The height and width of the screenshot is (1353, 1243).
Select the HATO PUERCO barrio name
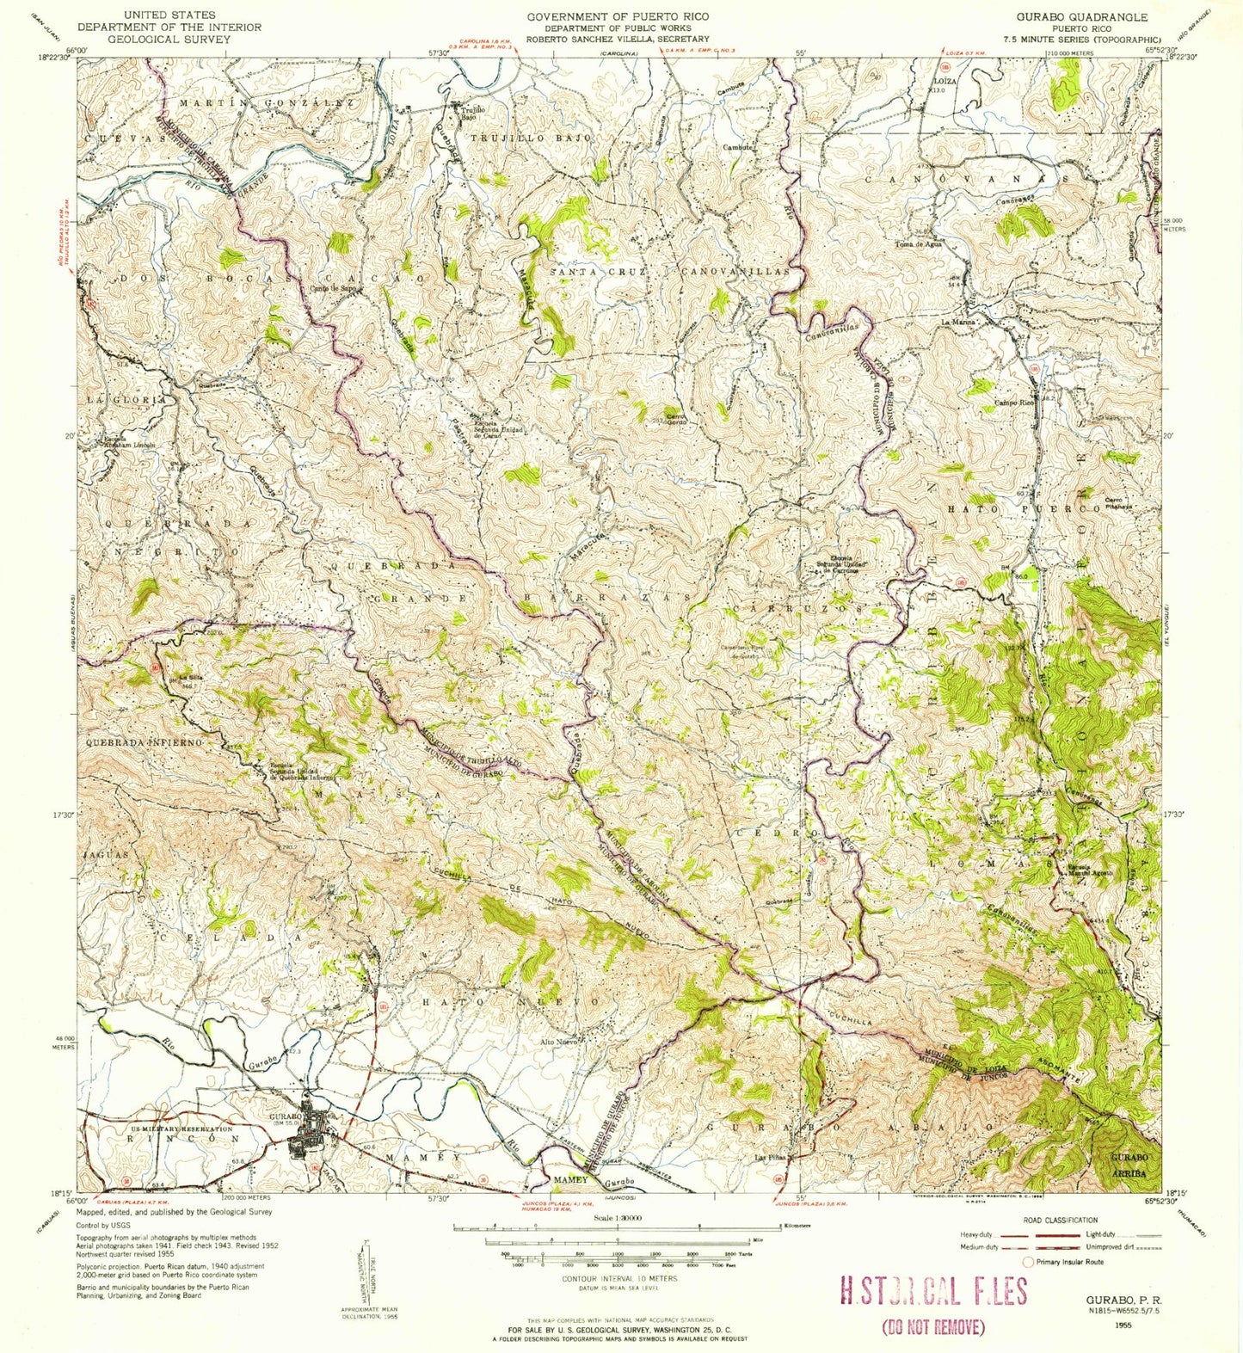[x=1024, y=509]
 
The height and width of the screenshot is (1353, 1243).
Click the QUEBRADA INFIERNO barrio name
[x=144, y=741]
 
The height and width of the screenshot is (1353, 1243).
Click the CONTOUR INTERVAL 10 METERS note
[x=618, y=1278]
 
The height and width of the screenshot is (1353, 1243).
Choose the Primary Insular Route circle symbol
[x=1027, y=1262]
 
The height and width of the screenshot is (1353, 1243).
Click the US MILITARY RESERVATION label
[x=157, y=1129]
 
